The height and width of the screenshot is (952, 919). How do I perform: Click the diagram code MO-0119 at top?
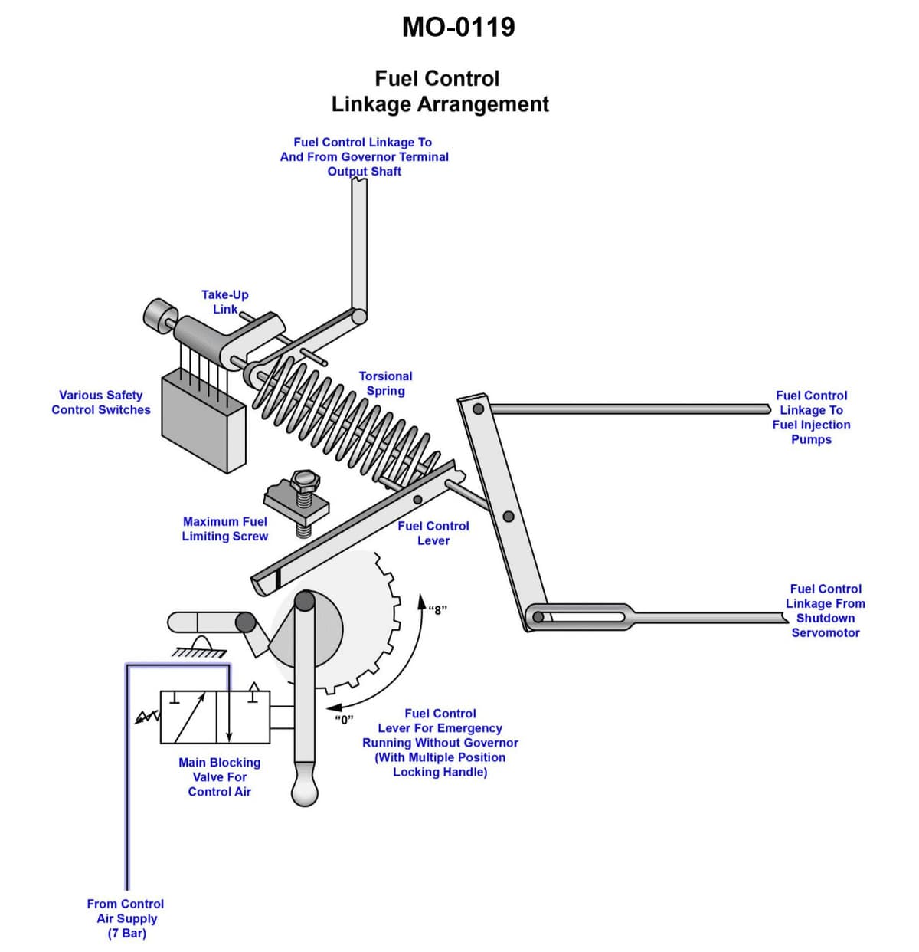pyautogui.click(x=458, y=28)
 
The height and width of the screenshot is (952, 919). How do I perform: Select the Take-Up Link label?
pyautogui.click(x=224, y=302)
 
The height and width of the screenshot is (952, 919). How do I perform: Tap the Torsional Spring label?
pyautogui.click(x=385, y=383)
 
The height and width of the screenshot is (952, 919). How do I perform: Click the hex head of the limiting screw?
pyautogui.click(x=304, y=481)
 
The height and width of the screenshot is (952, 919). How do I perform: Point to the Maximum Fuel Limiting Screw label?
pyautogui.click(x=224, y=529)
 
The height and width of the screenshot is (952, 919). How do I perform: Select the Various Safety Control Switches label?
pyautogui.click(x=101, y=402)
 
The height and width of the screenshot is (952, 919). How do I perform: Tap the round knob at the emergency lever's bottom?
pyautogui.click(x=305, y=791)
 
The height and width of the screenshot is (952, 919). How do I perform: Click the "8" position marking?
pyautogui.click(x=438, y=610)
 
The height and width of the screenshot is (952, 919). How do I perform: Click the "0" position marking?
pyautogui.click(x=344, y=719)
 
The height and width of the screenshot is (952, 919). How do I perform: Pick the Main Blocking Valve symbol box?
pyautogui.click(x=215, y=717)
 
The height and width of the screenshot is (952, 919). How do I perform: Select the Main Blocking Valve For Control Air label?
pyautogui.click(x=219, y=776)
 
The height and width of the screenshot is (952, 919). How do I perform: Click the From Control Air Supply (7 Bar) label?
pyautogui.click(x=126, y=918)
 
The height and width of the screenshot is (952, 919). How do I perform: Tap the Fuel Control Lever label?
pyautogui.click(x=433, y=533)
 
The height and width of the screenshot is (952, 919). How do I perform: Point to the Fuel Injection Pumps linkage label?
pyautogui.click(x=811, y=417)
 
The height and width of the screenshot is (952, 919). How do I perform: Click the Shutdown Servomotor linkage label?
pyautogui.click(x=825, y=610)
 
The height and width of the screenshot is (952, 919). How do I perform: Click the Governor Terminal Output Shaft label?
pyautogui.click(x=364, y=156)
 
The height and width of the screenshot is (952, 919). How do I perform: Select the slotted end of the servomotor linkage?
pyautogui.click(x=582, y=616)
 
